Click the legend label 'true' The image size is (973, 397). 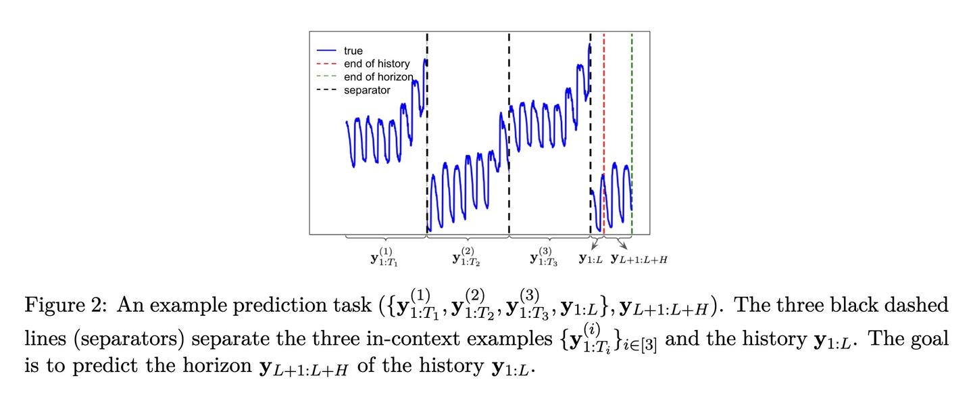(x=353, y=51)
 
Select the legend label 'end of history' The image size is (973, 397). (x=376, y=64)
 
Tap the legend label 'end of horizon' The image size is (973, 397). (x=378, y=76)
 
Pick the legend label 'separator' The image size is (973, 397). (x=367, y=90)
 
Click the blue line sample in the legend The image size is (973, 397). (x=327, y=51)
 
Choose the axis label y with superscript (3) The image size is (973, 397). (x=544, y=257)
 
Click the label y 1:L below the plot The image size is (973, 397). (x=591, y=259)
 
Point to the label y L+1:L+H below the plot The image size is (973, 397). (x=639, y=259)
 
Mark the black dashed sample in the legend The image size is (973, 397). (x=327, y=90)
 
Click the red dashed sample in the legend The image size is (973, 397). (x=327, y=64)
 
